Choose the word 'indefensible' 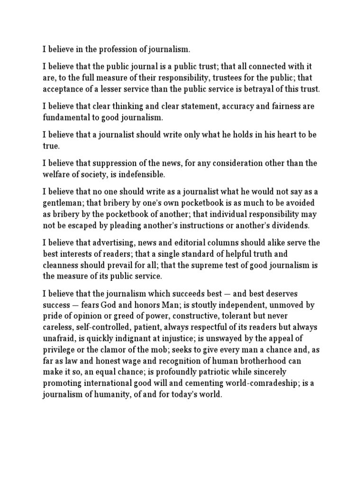pyautogui.click(x=141, y=175)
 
